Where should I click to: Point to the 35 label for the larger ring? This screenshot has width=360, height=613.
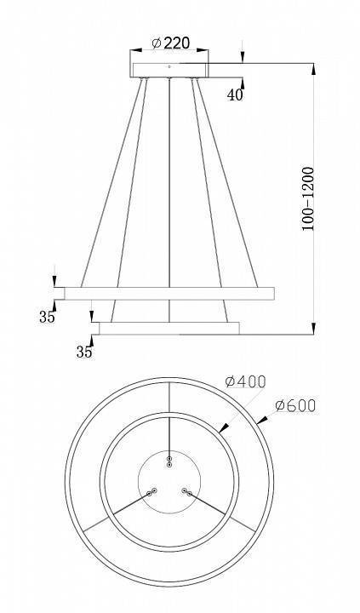click(x=47, y=317)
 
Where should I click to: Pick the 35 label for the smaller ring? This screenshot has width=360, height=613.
click(x=84, y=351)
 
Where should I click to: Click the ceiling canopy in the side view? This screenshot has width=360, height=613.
click(x=170, y=67)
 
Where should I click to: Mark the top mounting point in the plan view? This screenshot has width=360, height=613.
click(x=169, y=461)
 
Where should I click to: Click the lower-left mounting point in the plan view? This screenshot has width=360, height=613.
click(x=152, y=491)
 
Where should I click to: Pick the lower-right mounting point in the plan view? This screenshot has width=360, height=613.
click(x=187, y=491)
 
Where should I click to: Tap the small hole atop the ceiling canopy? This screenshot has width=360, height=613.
click(x=169, y=66)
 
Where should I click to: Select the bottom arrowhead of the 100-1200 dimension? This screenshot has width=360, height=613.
click(x=315, y=329)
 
